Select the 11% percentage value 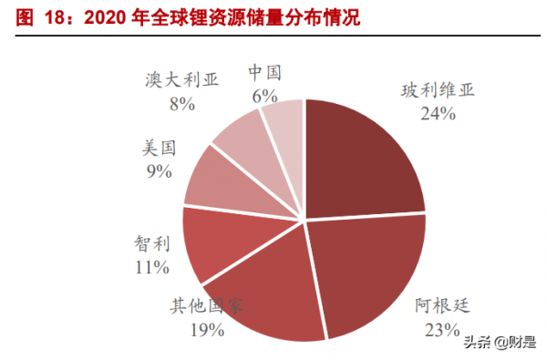click(x=150, y=267)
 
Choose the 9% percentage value click(x=158, y=170)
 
